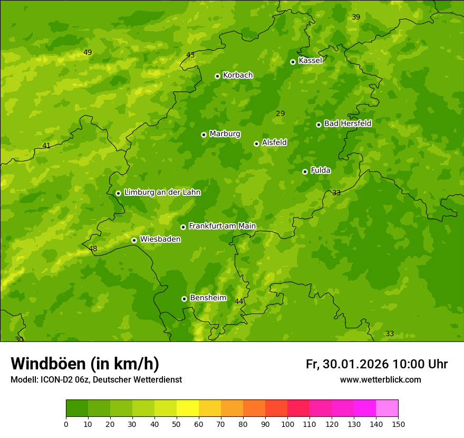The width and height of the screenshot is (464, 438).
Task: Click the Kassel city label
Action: click(x=310, y=61)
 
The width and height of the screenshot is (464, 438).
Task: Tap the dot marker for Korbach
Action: click(x=217, y=76)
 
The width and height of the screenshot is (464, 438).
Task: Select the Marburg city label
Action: click(x=225, y=134)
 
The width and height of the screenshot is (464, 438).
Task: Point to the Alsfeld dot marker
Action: click(x=256, y=144)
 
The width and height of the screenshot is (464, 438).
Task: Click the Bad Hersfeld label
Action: click(x=347, y=123)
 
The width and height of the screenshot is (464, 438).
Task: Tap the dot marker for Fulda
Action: click(x=305, y=172)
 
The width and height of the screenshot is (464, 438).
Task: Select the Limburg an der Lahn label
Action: click(x=162, y=193)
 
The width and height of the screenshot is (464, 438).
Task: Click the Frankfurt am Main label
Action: click(x=222, y=226)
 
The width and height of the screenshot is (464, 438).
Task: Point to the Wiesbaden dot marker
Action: click(x=134, y=240)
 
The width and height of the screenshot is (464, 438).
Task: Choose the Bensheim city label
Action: click(x=208, y=298)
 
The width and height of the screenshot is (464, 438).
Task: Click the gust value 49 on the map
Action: click(x=88, y=52)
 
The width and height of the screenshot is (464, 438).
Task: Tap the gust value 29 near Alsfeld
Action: click(x=280, y=113)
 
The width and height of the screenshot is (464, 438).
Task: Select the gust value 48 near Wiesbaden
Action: click(x=93, y=249)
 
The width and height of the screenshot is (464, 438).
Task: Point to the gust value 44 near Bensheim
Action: click(x=239, y=301)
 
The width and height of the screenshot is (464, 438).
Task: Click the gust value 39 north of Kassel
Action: click(x=356, y=17)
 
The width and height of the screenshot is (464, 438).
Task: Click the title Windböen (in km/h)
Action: click(x=85, y=364)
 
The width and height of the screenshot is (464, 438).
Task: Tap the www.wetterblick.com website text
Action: click(x=380, y=380)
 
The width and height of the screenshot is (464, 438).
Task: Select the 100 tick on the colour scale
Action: click(x=287, y=424)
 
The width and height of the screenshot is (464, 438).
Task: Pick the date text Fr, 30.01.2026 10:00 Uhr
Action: click(x=376, y=364)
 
